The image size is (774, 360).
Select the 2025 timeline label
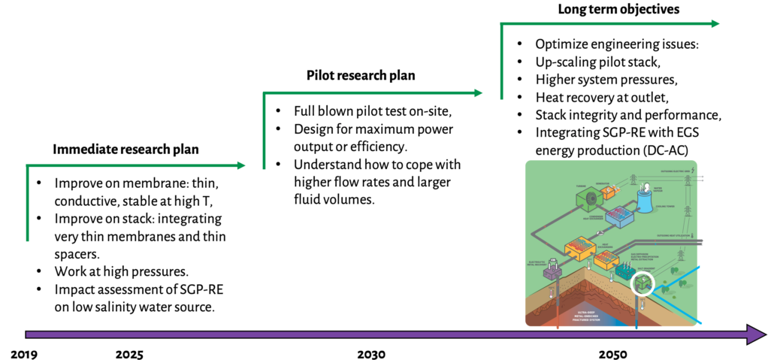[129, 353]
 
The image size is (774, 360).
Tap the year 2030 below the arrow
[371, 353]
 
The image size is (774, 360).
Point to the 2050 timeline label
[614, 353]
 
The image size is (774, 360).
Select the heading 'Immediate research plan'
[125, 150]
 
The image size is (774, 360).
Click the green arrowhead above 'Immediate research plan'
[240, 165]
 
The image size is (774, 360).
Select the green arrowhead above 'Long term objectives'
[714, 23]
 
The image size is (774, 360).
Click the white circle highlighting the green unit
[644, 285]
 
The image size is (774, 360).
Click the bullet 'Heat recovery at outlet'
[601, 98]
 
